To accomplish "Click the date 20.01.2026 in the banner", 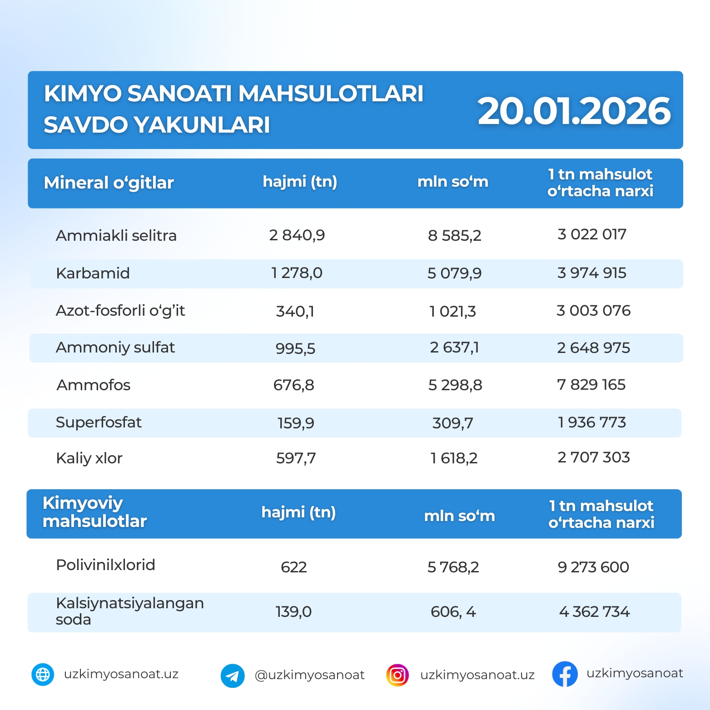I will (574, 111).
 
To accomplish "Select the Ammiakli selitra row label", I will (116, 235).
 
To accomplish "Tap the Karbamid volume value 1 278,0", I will (297, 273).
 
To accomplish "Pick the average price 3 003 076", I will (593, 311).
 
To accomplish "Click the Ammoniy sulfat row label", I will (115, 348).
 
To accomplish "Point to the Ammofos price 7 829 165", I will (591, 385).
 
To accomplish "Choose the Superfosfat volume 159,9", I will (296, 423).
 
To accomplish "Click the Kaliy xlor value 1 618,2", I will (454, 458).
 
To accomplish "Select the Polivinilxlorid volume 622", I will (293, 567).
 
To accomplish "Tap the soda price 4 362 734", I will (594, 611).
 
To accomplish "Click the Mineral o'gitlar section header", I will (109, 183).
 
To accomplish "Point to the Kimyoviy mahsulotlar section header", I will (94, 512).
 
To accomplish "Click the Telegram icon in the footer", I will (233, 675).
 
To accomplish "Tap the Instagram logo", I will (397, 675).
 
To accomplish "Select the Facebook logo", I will (565, 674).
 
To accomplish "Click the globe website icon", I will (43, 675).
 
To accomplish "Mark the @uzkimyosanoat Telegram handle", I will (309, 675).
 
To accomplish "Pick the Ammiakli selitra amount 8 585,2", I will (454, 235).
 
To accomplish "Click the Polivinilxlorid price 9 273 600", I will (593, 567).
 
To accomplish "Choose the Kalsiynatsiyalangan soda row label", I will (129, 611).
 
